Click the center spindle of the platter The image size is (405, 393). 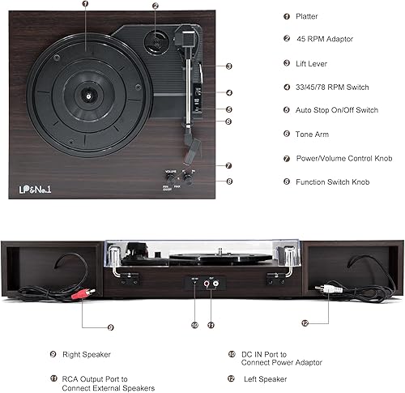(x=85, y=93)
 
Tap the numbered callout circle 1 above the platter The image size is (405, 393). (x=85, y=5)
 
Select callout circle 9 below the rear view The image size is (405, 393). (x=110, y=327)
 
